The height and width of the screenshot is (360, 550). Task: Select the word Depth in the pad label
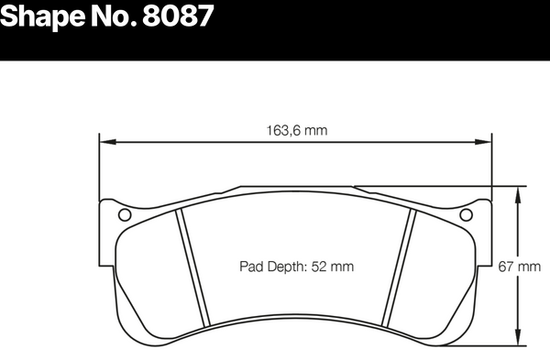[x=283, y=267]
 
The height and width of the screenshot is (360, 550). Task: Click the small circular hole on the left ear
[x=126, y=215]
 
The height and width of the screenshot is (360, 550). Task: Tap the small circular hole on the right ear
[x=465, y=215]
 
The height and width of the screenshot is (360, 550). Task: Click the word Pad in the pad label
[x=250, y=267]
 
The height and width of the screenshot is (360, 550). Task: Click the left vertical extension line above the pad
[x=99, y=165]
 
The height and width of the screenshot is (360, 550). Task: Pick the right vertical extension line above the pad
[x=490, y=165]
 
